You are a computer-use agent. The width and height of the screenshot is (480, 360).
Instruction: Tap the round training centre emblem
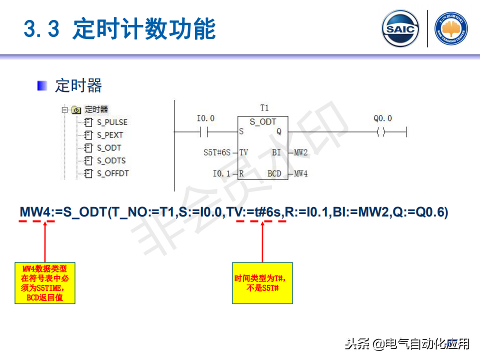click(451, 29)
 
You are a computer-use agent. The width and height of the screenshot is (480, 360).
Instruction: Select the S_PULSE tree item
click(112, 122)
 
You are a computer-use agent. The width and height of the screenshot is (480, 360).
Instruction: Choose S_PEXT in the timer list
click(110, 135)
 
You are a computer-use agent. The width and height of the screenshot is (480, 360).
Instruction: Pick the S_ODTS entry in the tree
click(111, 160)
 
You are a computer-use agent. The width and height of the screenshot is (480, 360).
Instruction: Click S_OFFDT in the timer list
click(113, 173)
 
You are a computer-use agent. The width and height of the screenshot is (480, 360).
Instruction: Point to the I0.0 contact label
click(205, 118)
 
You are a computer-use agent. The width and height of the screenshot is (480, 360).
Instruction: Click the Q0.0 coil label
click(382, 118)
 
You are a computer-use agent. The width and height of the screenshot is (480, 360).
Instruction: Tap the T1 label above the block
click(264, 108)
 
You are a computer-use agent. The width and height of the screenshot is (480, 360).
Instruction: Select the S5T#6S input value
click(216, 152)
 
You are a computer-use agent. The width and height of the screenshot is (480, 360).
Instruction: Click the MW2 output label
click(300, 152)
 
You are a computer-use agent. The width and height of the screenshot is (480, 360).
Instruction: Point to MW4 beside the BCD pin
click(300, 174)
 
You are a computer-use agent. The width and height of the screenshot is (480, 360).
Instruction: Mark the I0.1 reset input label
click(221, 174)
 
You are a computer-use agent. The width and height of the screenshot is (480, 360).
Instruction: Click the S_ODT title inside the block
click(262, 121)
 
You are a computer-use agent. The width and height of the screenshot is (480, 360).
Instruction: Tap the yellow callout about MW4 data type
click(45, 283)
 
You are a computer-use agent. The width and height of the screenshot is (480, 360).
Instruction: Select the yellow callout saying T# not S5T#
click(262, 283)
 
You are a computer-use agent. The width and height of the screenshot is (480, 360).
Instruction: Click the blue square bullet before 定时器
click(42, 85)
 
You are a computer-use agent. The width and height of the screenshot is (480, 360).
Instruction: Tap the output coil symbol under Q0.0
click(381, 132)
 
